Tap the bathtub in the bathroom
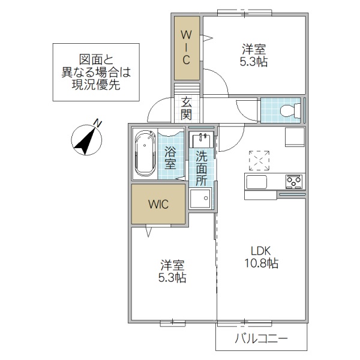click(x=145, y=154)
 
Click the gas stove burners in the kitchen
click(x=295, y=181)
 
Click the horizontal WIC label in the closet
click(x=158, y=203)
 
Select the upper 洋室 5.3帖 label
click(x=254, y=54)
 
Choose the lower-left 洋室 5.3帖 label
click(x=172, y=271)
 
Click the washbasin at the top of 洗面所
click(x=200, y=140)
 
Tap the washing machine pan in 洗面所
click(x=200, y=197)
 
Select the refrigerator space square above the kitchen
click(x=295, y=136)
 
